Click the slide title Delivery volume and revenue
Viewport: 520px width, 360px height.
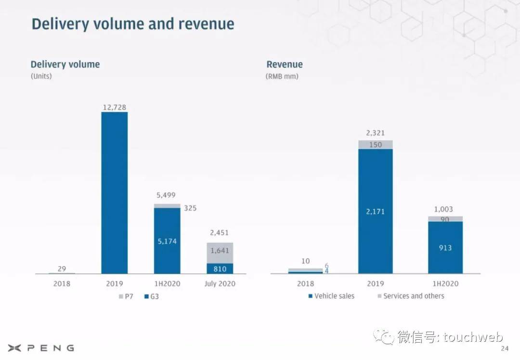(133, 24)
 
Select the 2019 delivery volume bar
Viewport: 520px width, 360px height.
(114, 193)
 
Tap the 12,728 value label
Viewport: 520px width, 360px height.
(114, 107)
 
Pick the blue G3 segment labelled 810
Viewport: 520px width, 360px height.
(220, 269)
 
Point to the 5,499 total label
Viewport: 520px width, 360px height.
(166, 195)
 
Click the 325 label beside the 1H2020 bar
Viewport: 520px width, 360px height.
(190, 208)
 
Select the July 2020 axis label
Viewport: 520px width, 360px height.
(220, 283)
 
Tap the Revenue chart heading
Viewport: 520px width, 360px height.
(285, 64)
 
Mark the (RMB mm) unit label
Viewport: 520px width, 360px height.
(282, 76)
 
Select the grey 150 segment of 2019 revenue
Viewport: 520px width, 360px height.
(376, 145)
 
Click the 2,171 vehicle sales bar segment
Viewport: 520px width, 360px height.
(376, 211)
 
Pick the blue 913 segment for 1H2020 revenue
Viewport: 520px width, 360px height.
(445, 247)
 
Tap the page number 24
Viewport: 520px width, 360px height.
(505, 348)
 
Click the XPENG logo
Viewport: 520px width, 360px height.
(41, 348)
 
